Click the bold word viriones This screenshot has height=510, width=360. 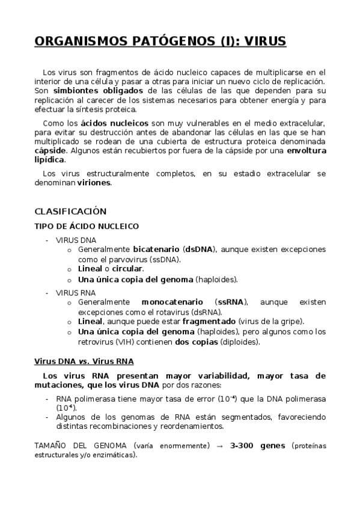tap(94, 183)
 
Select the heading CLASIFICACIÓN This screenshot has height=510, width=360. tap(70, 212)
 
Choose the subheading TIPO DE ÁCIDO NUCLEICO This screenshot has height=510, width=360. tap(87, 226)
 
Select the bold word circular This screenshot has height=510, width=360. tap(127, 269)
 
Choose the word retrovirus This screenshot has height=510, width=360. tap(99, 342)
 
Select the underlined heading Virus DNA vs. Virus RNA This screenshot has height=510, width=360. tap(84, 361)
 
